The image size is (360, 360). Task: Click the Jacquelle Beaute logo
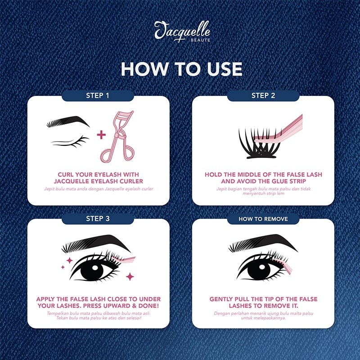click(182, 31)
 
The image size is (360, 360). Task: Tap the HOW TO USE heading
click(182, 69)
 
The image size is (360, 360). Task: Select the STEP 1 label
click(98, 95)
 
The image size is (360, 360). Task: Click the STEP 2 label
click(263, 95)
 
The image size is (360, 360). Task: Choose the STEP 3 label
click(98, 219)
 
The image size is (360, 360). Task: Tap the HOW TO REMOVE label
click(263, 219)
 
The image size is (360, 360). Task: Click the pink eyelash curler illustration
click(117, 137)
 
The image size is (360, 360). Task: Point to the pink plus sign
click(101, 135)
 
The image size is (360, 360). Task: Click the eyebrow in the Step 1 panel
click(68, 121)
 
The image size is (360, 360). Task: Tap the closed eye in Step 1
click(70, 142)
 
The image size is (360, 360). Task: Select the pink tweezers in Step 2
click(278, 133)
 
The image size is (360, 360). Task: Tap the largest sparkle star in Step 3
click(130, 276)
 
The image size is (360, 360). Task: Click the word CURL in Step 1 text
click(66, 175)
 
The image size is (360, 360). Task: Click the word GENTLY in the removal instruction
click(221, 299)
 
